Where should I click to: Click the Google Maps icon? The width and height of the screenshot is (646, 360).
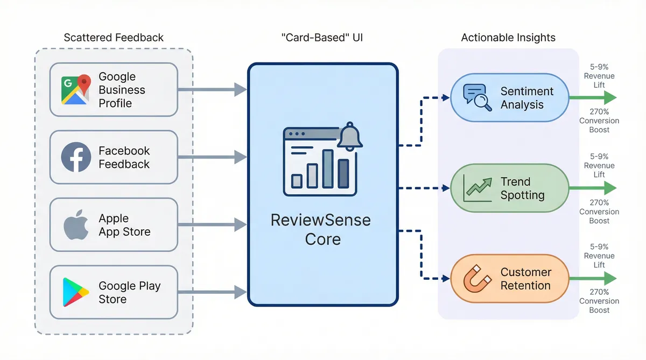click(x=75, y=89)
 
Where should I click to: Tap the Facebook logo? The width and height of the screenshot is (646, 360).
click(x=75, y=157)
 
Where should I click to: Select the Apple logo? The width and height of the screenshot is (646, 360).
click(x=75, y=225)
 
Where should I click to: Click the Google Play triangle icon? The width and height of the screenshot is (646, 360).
click(x=75, y=292)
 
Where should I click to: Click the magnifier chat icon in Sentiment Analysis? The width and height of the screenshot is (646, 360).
click(x=478, y=97)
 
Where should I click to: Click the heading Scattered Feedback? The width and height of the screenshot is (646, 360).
click(x=114, y=38)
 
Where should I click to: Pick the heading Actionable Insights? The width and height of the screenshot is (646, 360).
click(x=508, y=38)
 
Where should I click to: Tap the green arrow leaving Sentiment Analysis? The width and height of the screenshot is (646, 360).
click(x=592, y=97)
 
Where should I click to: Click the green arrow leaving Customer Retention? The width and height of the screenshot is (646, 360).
click(x=592, y=278)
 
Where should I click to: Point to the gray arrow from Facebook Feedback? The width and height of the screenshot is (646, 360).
click(x=212, y=157)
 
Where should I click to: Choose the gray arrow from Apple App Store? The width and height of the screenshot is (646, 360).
click(x=212, y=225)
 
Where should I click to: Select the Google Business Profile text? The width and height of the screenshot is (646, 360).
click(x=122, y=90)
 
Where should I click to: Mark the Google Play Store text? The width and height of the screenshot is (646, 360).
click(x=129, y=292)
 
